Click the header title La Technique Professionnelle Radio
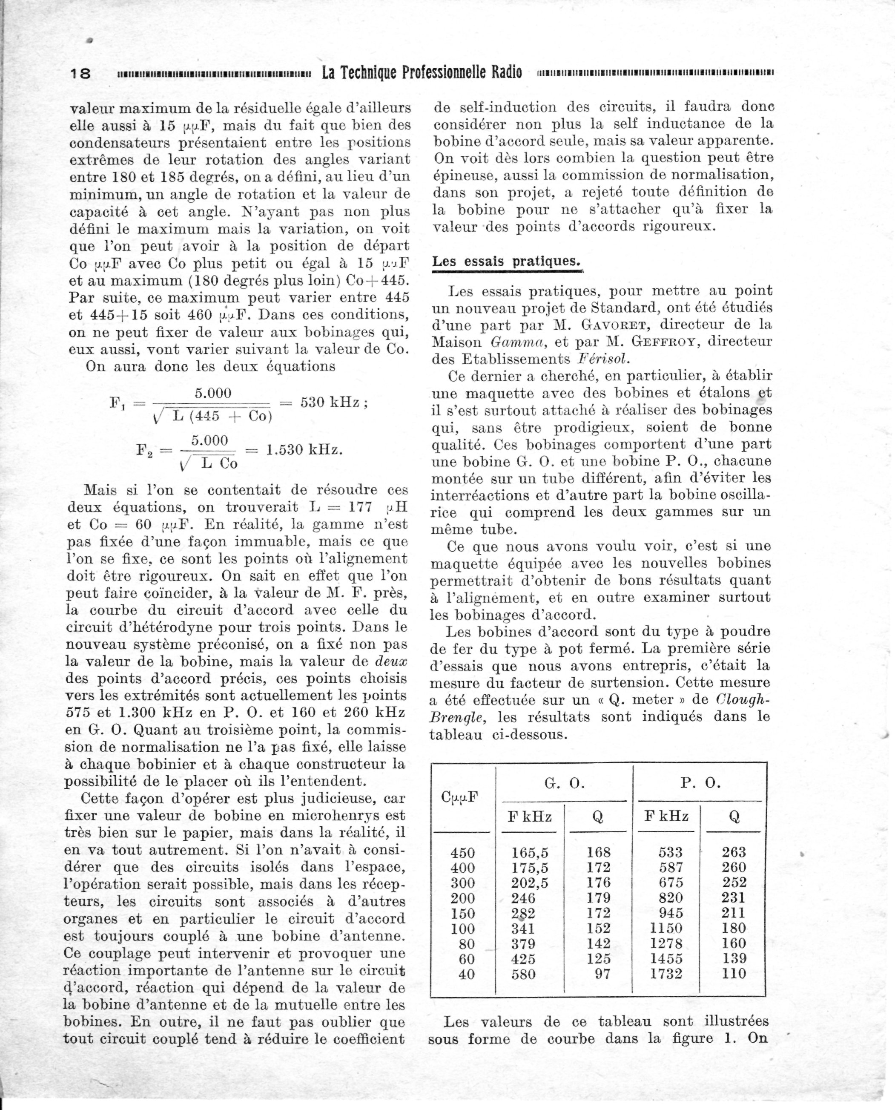(421, 72)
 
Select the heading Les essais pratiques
(506, 262)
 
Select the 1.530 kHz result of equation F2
(304, 449)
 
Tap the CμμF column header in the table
(459, 797)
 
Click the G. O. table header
(565, 783)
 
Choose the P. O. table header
(700, 783)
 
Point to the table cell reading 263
(734, 852)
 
